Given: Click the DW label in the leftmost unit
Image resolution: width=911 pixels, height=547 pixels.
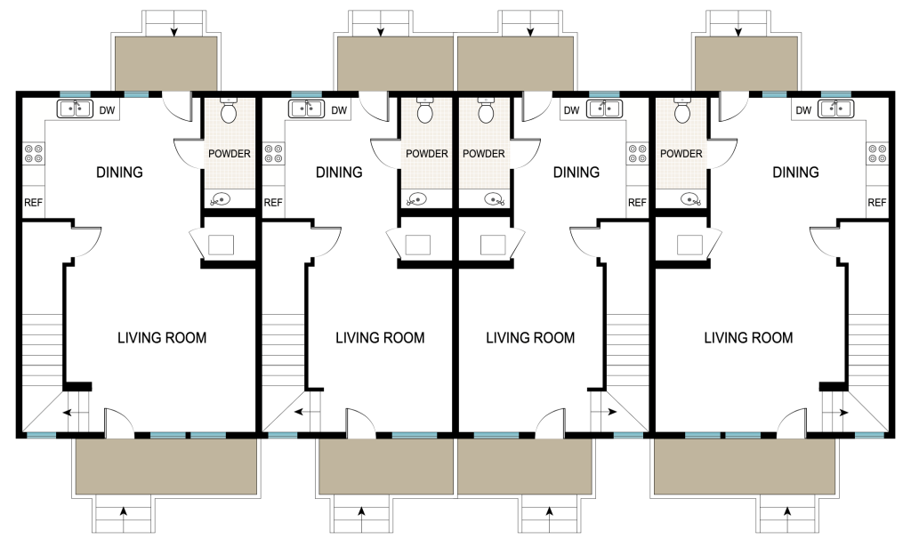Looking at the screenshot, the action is click(x=107, y=110).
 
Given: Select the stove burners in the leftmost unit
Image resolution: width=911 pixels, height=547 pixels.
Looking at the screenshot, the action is click(x=33, y=154).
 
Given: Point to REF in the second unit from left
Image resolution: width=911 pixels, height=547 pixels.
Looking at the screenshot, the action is click(x=273, y=203).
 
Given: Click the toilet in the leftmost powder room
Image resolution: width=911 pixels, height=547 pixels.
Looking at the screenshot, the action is click(x=229, y=110).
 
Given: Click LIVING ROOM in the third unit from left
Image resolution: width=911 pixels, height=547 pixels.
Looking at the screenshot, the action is click(x=530, y=338).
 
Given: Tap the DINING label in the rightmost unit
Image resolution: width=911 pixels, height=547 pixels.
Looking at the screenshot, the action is click(x=795, y=173).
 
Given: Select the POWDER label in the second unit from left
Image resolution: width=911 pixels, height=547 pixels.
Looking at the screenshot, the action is click(x=427, y=154).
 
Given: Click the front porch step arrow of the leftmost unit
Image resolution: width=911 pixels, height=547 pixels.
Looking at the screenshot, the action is click(x=123, y=511).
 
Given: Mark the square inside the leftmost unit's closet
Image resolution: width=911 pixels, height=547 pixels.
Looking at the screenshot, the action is click(x=221, y=245).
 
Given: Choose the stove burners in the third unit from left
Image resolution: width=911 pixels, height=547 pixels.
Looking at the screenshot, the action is click(x=638, y=154).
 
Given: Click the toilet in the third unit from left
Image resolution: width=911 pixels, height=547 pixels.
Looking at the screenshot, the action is click(x=486, y=110).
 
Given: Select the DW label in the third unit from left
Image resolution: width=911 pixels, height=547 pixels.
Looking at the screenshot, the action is click(x=572, y=110).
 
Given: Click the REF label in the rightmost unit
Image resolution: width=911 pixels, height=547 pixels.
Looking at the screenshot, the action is click(x=876, y=203).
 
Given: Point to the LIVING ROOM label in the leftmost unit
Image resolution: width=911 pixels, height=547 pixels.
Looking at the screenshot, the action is click(x=162, y=338).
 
